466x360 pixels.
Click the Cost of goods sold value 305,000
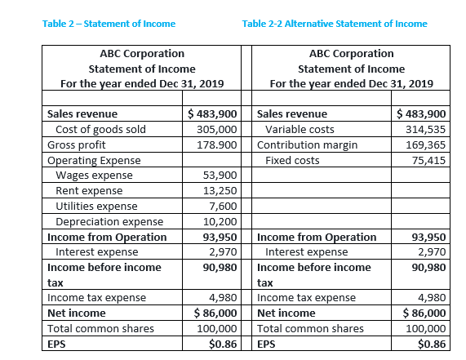point(217,129)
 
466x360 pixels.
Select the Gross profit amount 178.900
point(217,144)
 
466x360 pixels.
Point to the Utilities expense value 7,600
point(223,206)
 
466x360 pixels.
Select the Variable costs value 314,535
point(427,129)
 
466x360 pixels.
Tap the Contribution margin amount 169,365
point(427,144)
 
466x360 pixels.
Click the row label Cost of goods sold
point(100,129)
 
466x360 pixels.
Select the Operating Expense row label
point(94,160)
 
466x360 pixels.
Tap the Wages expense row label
point(95,176)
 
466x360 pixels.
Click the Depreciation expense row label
point(109,221)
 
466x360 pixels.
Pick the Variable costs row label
point(300,129)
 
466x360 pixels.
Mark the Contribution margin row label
point(307,144)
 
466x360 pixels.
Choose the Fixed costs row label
point(292,160)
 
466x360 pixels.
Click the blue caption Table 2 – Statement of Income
point(109,23)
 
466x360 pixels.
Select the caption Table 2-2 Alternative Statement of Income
point(335,23)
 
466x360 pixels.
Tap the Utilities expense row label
point(96,206)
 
